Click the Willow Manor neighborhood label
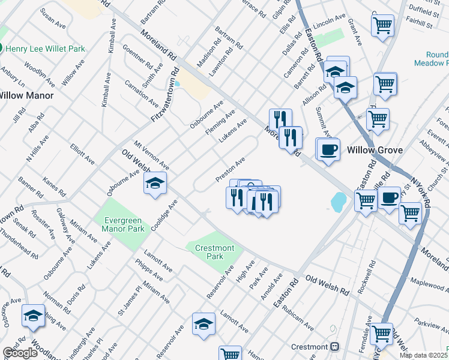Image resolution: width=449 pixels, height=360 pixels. (x=26, y=95)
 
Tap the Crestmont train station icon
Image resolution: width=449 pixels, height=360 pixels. (x=335, y=347)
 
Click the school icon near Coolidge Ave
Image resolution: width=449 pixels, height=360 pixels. (x=155, y=183)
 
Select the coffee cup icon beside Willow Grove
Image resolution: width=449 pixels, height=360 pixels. (x=328, y=149)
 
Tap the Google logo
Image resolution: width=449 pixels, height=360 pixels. (x=20, y=353)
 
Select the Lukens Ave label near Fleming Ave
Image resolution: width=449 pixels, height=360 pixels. (x=233, y=131)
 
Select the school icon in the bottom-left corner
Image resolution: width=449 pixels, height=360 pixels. (x=33, y=316)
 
